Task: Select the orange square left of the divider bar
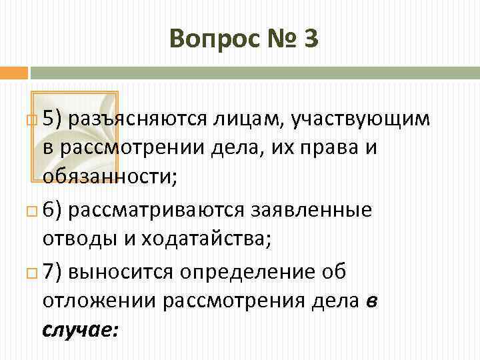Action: tap(13, 71)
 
